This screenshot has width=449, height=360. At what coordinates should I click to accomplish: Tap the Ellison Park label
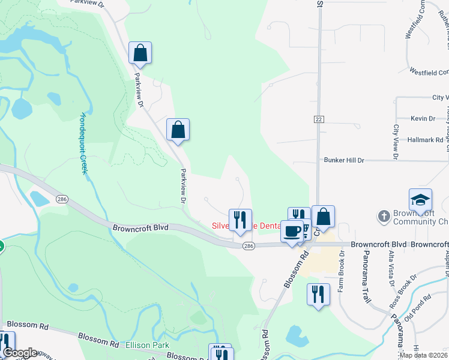pyautogui.click(x=148, y=346)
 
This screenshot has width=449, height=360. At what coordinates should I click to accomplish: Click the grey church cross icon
pyautogui.click(x=383, y=215)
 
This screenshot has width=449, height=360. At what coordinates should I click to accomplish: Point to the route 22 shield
pyautogui.click(x=319, y=120)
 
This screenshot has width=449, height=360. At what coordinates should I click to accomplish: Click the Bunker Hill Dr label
pyautogui.click(x=344, y=160)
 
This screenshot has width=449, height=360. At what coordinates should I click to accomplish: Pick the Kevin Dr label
pyautogui.click(x=423, y=119)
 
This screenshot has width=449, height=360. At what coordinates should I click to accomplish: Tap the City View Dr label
pyautogui.click(x=396, y=142)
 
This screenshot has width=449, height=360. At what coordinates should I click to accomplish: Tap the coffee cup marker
pyautogui.click(x=292, y=232)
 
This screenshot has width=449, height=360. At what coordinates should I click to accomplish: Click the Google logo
pyautogui.click(x=20, y=352)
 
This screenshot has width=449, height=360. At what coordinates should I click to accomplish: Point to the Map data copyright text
pyautogui.click(x=423, y=355)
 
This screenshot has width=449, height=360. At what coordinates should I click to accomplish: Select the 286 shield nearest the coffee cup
pyautogui.click(x=249, y=246)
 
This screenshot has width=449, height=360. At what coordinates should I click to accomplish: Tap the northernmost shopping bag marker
pyautogui.click(x=140, y=53)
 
